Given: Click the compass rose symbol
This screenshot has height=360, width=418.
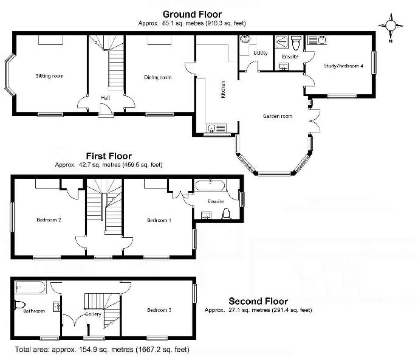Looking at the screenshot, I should click(391, 26).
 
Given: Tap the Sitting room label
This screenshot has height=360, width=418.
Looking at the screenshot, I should click(50, 76).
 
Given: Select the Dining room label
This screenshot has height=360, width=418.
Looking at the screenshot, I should click(157, 77).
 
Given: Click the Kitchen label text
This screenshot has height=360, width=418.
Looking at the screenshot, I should click(224, 89).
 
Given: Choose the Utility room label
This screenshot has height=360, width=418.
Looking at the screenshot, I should click(261, 54).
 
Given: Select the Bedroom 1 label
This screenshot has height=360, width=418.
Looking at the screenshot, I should click(159, 220).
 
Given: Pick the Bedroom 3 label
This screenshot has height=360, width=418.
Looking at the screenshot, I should click(159, 310).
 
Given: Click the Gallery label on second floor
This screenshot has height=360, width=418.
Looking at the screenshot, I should click(93, 314).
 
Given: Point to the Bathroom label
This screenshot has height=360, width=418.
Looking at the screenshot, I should click(34, 311).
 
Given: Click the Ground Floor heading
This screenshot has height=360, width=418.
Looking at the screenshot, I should click(191, 13).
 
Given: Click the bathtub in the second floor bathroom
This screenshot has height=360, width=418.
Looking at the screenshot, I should click(30, 286).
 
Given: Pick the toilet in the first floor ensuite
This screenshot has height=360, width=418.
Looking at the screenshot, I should click(227, 213).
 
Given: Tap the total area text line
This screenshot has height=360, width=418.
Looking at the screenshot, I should click(102, 350).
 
